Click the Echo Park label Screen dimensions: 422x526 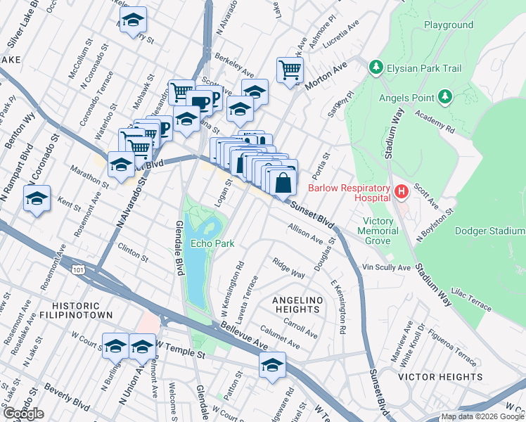pyautogui.click(x=212, y=244)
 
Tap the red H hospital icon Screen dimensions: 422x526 pyautogui.click(x=401, y=191)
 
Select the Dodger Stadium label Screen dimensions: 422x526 pyautogui.click(x=490, y=231)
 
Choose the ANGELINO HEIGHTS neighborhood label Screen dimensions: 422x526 pyautogui.click(x=297, y=305)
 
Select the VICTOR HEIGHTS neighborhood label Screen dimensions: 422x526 pyautogui.click(x=440, y=377)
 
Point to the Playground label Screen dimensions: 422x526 pyautogui.click(x=449, y=25)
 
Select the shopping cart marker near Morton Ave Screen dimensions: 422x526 pyautogui.click(x=290, y=70)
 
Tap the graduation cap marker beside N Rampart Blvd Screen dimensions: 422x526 pyautogui.click(x=37, y=198)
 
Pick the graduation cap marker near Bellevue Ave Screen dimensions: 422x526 pyautogui.click(x=272, y=364)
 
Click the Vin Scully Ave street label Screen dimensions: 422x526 pyautogui.click(x=386, y=268)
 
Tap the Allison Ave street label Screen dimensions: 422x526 pyautogui.click(x=304, y=234)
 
